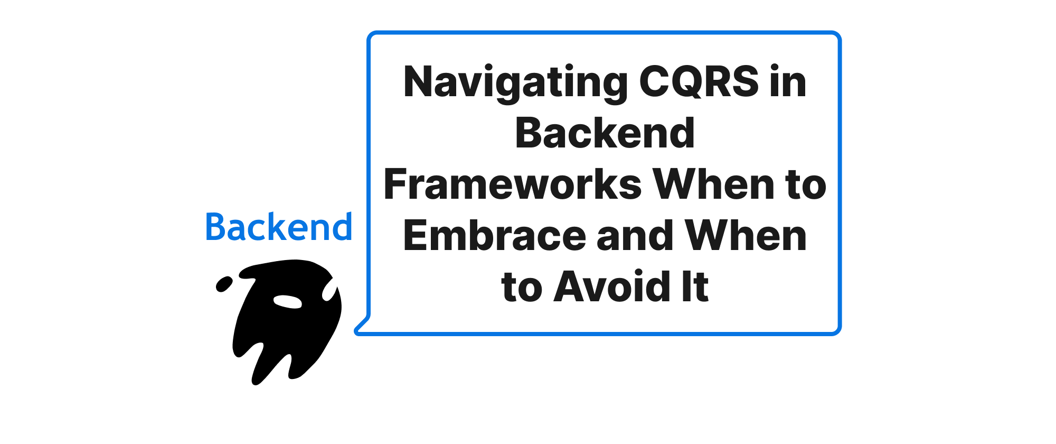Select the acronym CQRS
pos(699,82)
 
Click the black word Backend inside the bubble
pos(605,133)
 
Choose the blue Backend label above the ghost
pos(279,227)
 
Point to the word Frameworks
pos(513,184)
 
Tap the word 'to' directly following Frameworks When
pos(806,185)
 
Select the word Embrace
pos(494,235)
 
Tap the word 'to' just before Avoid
pos(522,288)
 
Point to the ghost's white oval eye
pos(288,301)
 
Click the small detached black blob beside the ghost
pos(224,284)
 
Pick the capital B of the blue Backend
pos(215,227)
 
